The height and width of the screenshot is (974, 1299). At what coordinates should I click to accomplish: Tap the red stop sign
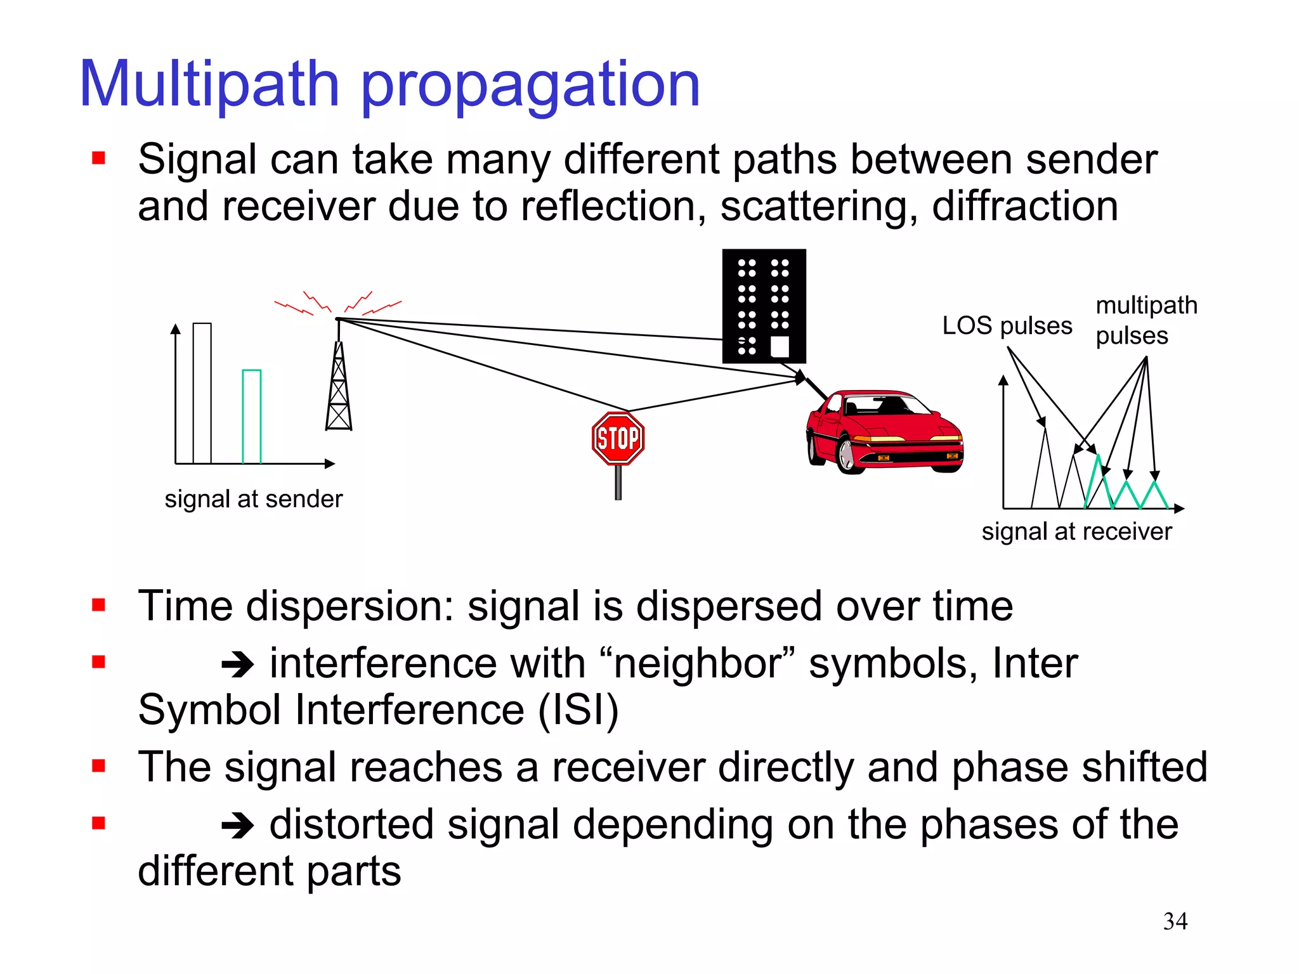tap(618, 439)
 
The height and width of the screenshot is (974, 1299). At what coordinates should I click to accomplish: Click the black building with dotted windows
tap(764, 306)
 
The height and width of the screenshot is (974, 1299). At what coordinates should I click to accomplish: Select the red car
tap(885, 431)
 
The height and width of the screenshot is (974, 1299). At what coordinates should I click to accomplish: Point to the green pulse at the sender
tap(252, 416)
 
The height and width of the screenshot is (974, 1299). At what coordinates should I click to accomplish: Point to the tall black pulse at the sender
tap(202, 393)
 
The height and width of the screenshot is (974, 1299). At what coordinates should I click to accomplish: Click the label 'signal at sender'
tap(253, 499)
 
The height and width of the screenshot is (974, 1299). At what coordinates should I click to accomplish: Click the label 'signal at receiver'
tap(1076, 531)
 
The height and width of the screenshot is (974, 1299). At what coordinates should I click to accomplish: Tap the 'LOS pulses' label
tap(1007, 326)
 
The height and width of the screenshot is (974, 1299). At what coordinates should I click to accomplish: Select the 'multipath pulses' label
tap(1145, 320)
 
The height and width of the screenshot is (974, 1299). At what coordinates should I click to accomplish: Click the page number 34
tap(1175, 921)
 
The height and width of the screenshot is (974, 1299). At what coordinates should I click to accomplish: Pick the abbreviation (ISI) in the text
tap(578, 710)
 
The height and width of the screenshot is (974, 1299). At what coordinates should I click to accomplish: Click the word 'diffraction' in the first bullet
tap(1024, 207)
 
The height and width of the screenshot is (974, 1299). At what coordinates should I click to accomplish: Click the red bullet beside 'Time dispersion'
tap(98, 605)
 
